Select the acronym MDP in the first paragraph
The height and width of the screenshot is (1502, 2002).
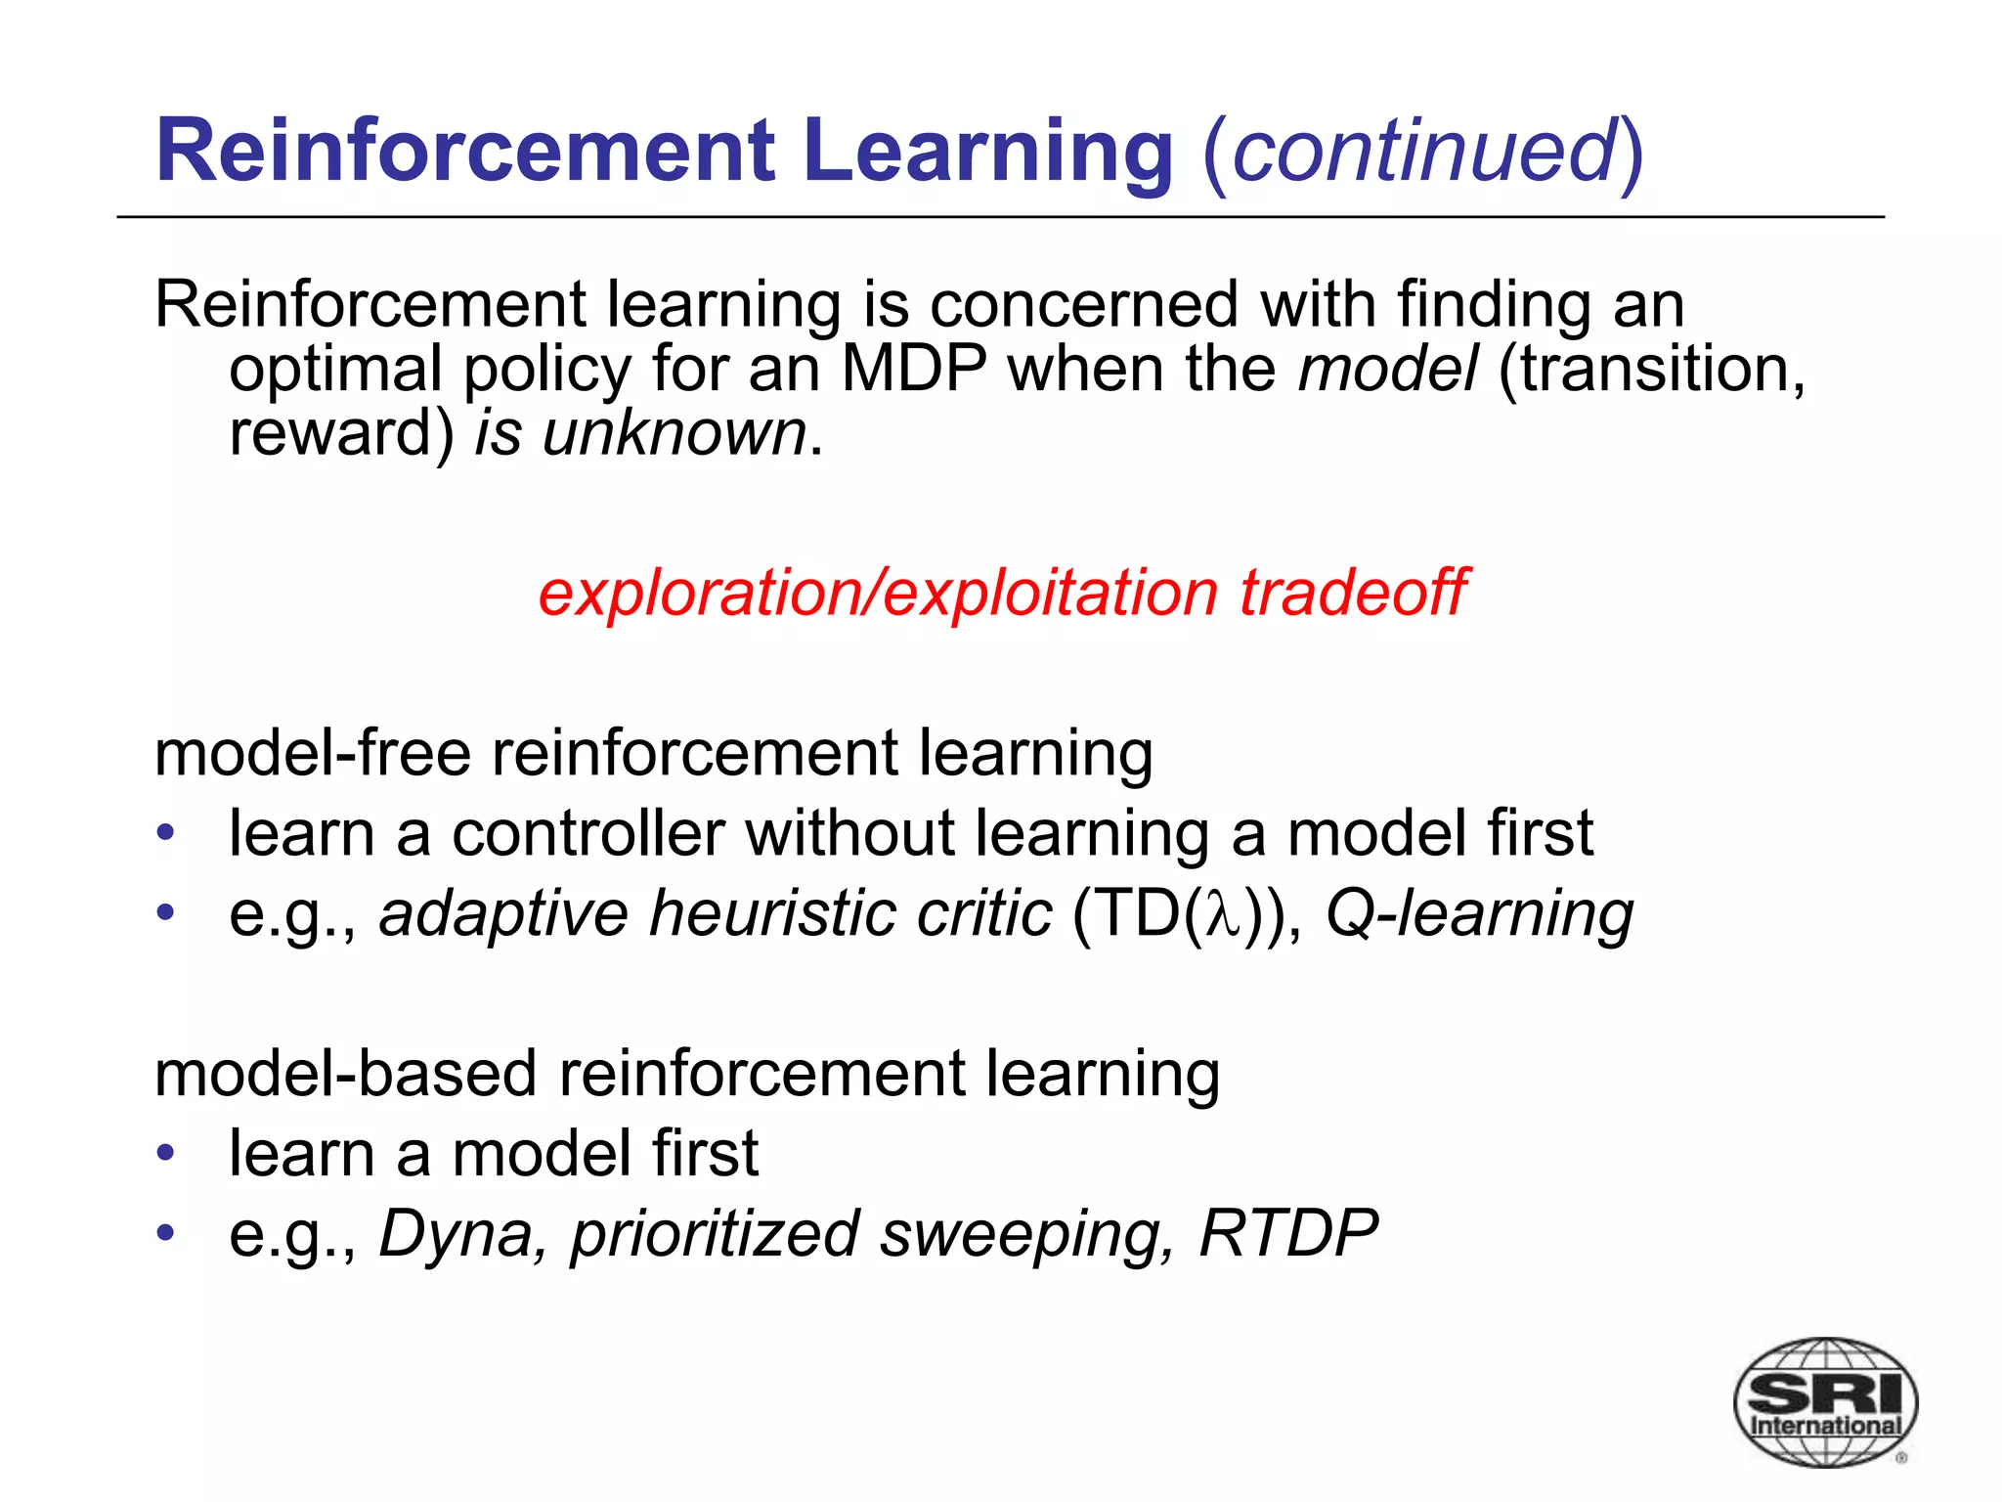coord(913,370)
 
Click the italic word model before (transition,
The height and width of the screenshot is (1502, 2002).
coord(1387,370)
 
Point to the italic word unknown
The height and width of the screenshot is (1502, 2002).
coord(674,433)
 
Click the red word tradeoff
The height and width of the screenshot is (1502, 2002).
coord(1353,593)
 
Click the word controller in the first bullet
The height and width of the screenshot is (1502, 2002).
coord(588,834)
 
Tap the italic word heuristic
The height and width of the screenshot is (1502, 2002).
coord(771,914)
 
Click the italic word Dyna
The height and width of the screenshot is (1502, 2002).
coord(456,1234)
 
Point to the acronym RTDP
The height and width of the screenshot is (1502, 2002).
coord(1287,1234)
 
